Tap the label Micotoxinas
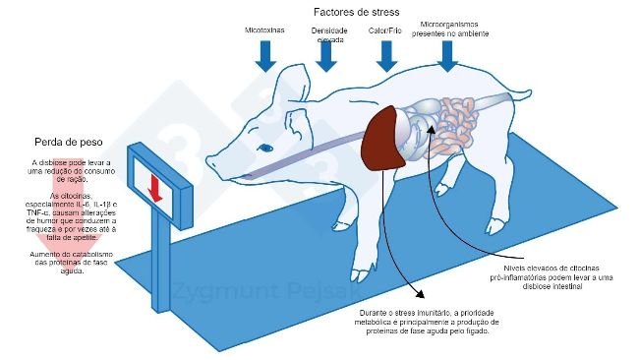coord(265,31)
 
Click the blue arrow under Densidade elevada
coord(323,61)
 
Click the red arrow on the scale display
coord(153,188)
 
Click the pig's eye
coord(265,149)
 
